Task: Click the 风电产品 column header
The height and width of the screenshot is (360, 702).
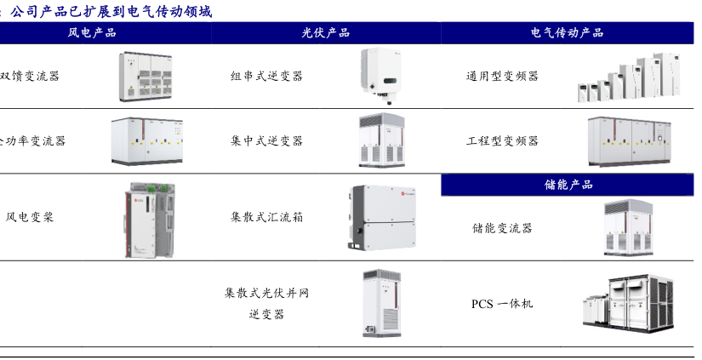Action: (92, 33)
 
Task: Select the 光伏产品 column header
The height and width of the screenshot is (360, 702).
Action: (326, 33)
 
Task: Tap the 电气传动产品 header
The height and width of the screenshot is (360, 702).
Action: (567, 33)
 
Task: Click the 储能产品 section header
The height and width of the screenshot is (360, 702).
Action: (568, 185)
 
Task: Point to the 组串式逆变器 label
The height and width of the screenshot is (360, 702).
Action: (266, 76)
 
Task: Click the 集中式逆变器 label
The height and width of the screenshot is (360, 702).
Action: (266, 140)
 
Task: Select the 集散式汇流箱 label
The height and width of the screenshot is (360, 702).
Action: (266, 217)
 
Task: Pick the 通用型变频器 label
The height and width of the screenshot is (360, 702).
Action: (502, 76)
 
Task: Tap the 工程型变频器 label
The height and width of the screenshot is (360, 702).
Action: (502, 140)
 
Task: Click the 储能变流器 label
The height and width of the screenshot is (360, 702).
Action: (502, 228)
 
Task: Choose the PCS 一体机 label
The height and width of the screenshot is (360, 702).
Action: (502, 303)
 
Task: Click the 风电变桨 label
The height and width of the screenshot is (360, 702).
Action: (30, 217)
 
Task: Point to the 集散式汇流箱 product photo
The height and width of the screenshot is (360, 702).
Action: (381, 217)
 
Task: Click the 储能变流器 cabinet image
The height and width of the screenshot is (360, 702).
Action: (631, 228)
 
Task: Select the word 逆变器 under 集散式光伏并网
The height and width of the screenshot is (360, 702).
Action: (266, 315)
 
